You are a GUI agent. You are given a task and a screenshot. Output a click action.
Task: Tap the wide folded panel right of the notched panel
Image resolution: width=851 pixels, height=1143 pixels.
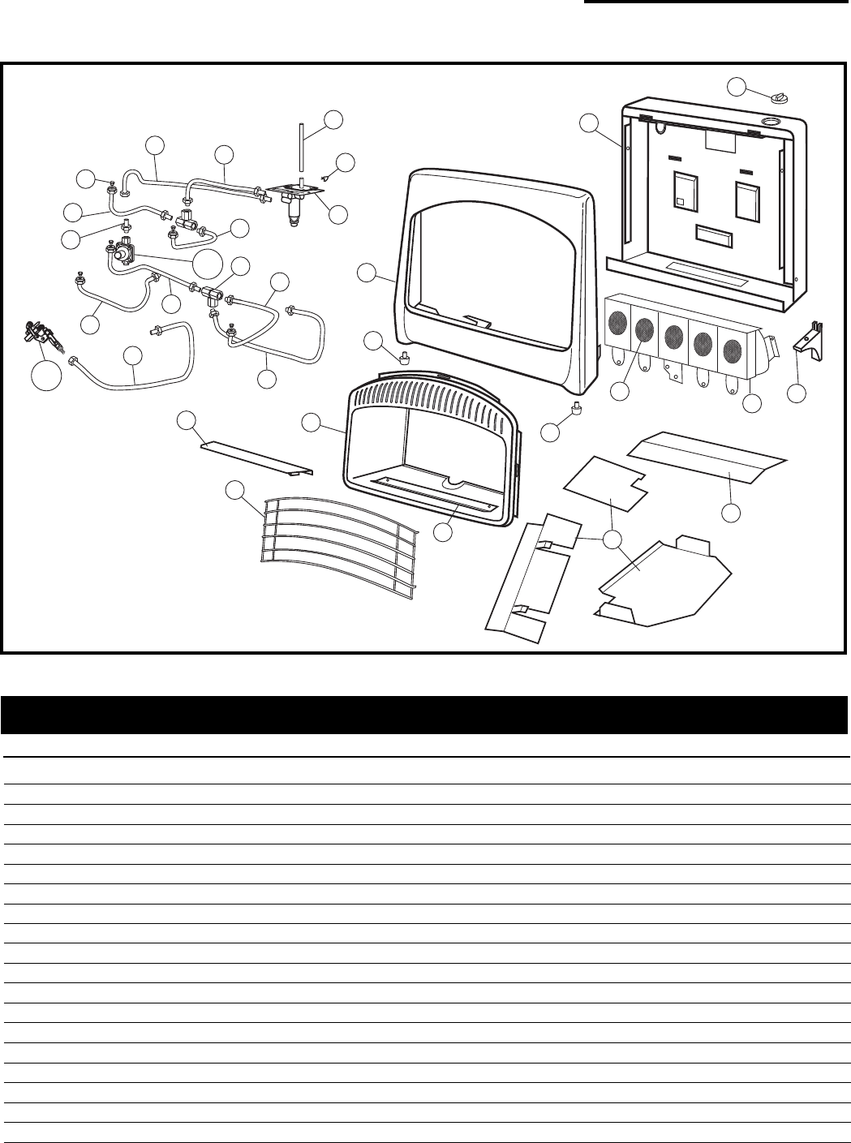708,458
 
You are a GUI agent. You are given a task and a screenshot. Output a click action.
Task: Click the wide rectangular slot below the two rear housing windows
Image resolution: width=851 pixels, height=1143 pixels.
715,236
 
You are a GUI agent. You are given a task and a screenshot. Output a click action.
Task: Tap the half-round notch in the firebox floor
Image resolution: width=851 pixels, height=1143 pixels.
453,484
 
